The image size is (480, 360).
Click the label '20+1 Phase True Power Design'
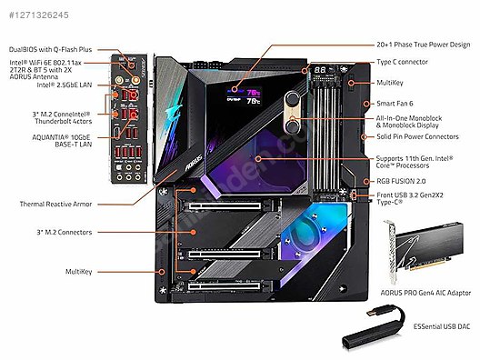tap(423, 44)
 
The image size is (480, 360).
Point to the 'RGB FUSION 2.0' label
tap(403, 181)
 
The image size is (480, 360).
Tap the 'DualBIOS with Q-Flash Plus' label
tap(51, 48)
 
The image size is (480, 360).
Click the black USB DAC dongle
tap(371, 334)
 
